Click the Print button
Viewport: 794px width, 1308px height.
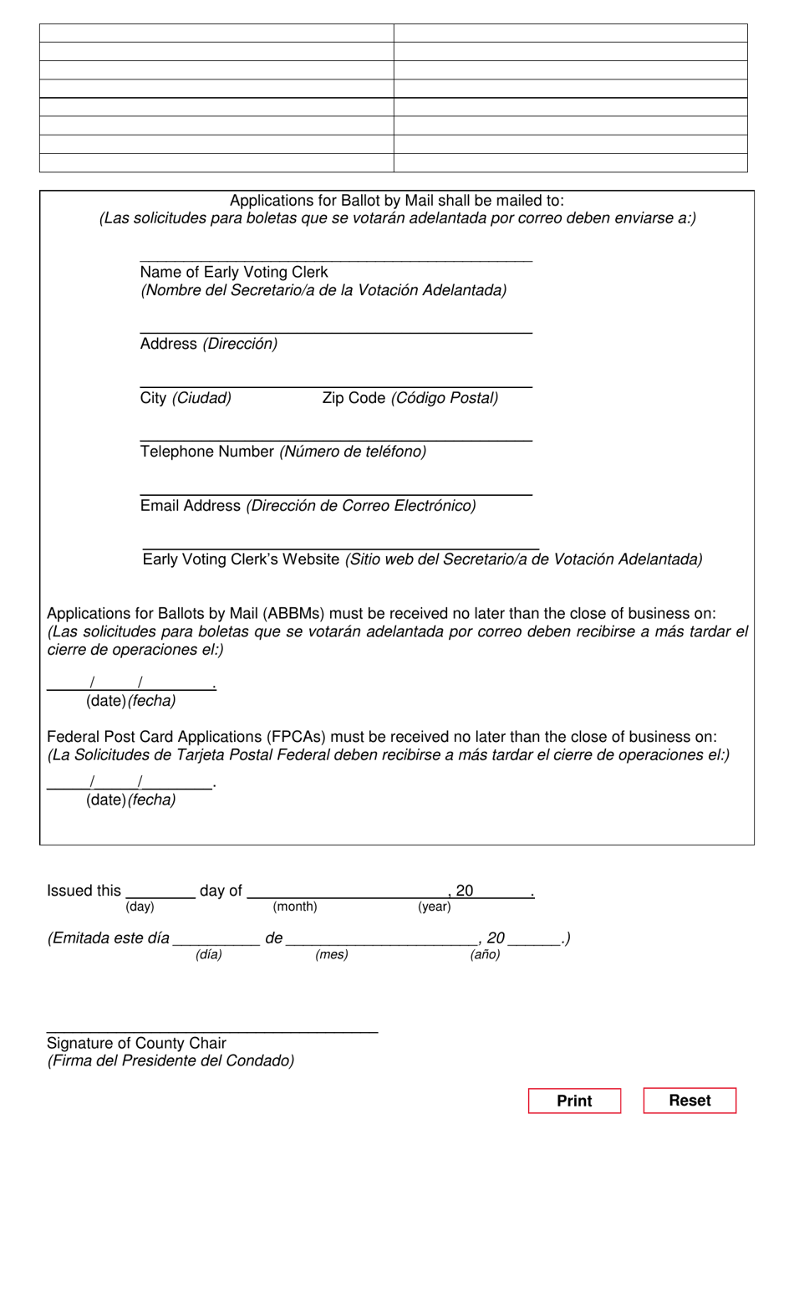[x=574, y=1101]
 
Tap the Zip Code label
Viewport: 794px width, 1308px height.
[x=354, y=398]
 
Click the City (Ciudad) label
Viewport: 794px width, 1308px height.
[x=186, y=398]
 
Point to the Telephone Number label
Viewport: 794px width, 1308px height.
[x=207, y=452]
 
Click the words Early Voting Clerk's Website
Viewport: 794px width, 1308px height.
[x=241, y=559]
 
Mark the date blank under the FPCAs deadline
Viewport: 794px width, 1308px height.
[x=130, y=783]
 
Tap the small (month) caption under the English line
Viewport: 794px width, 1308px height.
[x=295, y=907]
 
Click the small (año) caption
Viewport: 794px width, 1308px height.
[x=485, y=954]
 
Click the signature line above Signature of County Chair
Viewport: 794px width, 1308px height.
[x=212, y=1030]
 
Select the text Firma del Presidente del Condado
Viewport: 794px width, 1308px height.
[x=171, y=1061]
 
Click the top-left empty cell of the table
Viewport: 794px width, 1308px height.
[x=216, y=33]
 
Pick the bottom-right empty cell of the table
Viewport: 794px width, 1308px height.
[x=570, y=163]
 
